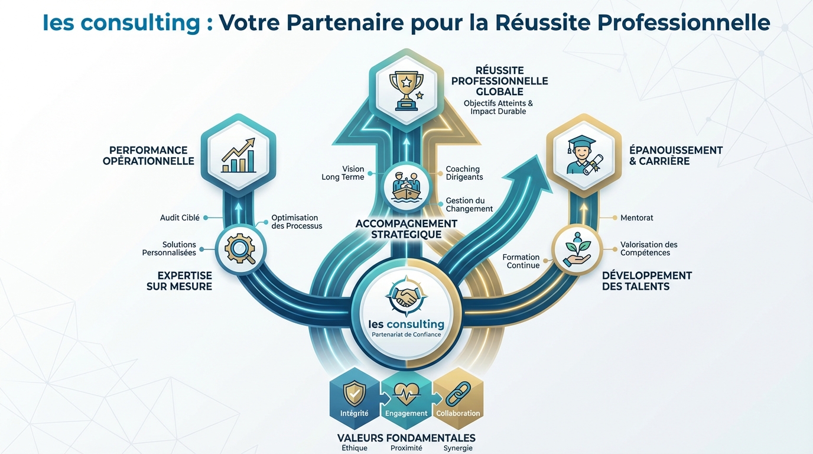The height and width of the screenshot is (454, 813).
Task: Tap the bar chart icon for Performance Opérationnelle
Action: [x=238, y=155]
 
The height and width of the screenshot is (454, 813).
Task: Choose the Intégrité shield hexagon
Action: [x=355, y=399]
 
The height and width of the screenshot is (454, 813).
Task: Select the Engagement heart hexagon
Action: [x=406, y=399]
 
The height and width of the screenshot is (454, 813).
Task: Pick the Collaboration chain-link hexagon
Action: [x=458, y=399]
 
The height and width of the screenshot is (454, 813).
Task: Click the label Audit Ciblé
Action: [x=180, y=218]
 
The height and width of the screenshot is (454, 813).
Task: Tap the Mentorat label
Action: [x=637, y=218]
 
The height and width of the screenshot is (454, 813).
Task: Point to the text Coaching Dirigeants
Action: [x=464, y=173]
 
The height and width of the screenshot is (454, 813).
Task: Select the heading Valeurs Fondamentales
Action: [x=406, y=438]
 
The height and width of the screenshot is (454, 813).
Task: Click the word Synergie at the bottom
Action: [x=458, y=448]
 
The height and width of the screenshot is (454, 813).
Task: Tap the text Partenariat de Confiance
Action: [x=406, y=335]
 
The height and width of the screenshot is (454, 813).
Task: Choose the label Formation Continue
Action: [x=521, y=261]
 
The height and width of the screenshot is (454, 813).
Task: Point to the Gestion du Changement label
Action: [x=469, y=205]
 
